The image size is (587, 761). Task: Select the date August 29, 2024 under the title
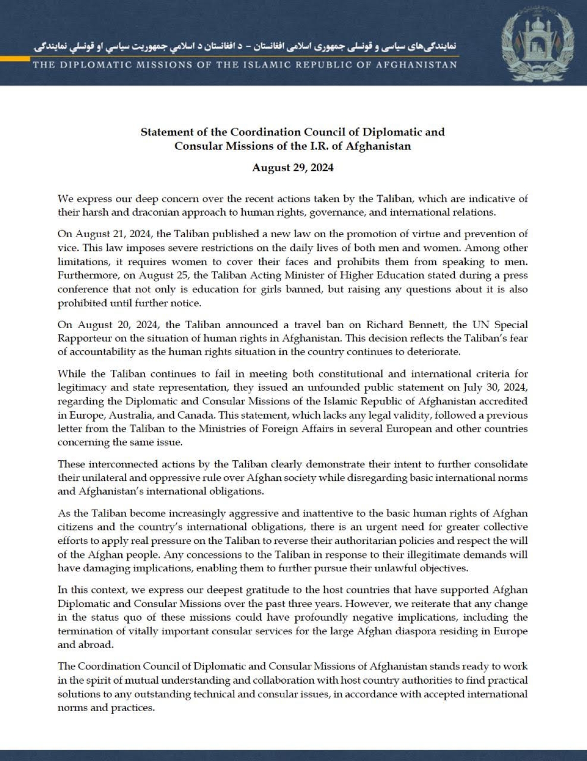click(x=293, y=168)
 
